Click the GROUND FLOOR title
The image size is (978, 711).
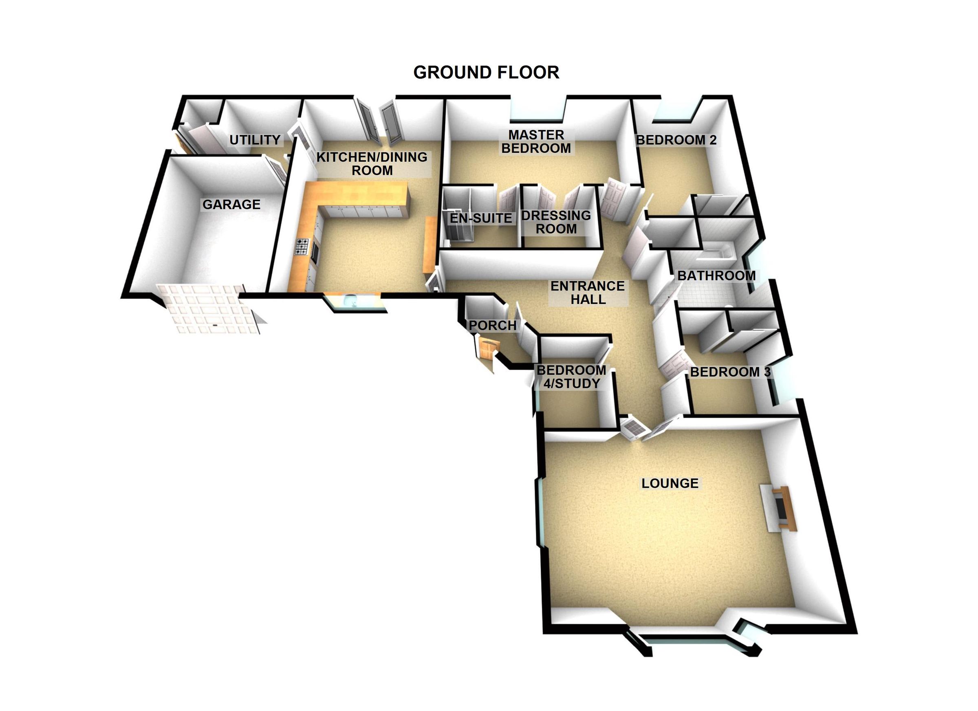coord(486,73)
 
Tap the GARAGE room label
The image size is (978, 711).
coord(231,205)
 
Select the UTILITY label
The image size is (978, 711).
coord(255,140)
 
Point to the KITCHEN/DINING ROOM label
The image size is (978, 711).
coord(372,163)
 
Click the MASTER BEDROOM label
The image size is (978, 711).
coord(536,141)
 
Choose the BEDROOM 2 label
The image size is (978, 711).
coord(676,140)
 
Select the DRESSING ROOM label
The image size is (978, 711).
coord(556,222)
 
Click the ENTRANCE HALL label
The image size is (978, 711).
coord(588,292)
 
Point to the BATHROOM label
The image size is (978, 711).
coord(716,275)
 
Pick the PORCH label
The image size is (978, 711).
coord(492,326)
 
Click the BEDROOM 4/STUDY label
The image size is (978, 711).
coord(571,377)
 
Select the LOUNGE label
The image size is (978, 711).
coord(670,483)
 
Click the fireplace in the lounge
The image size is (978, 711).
coord(779,509)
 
